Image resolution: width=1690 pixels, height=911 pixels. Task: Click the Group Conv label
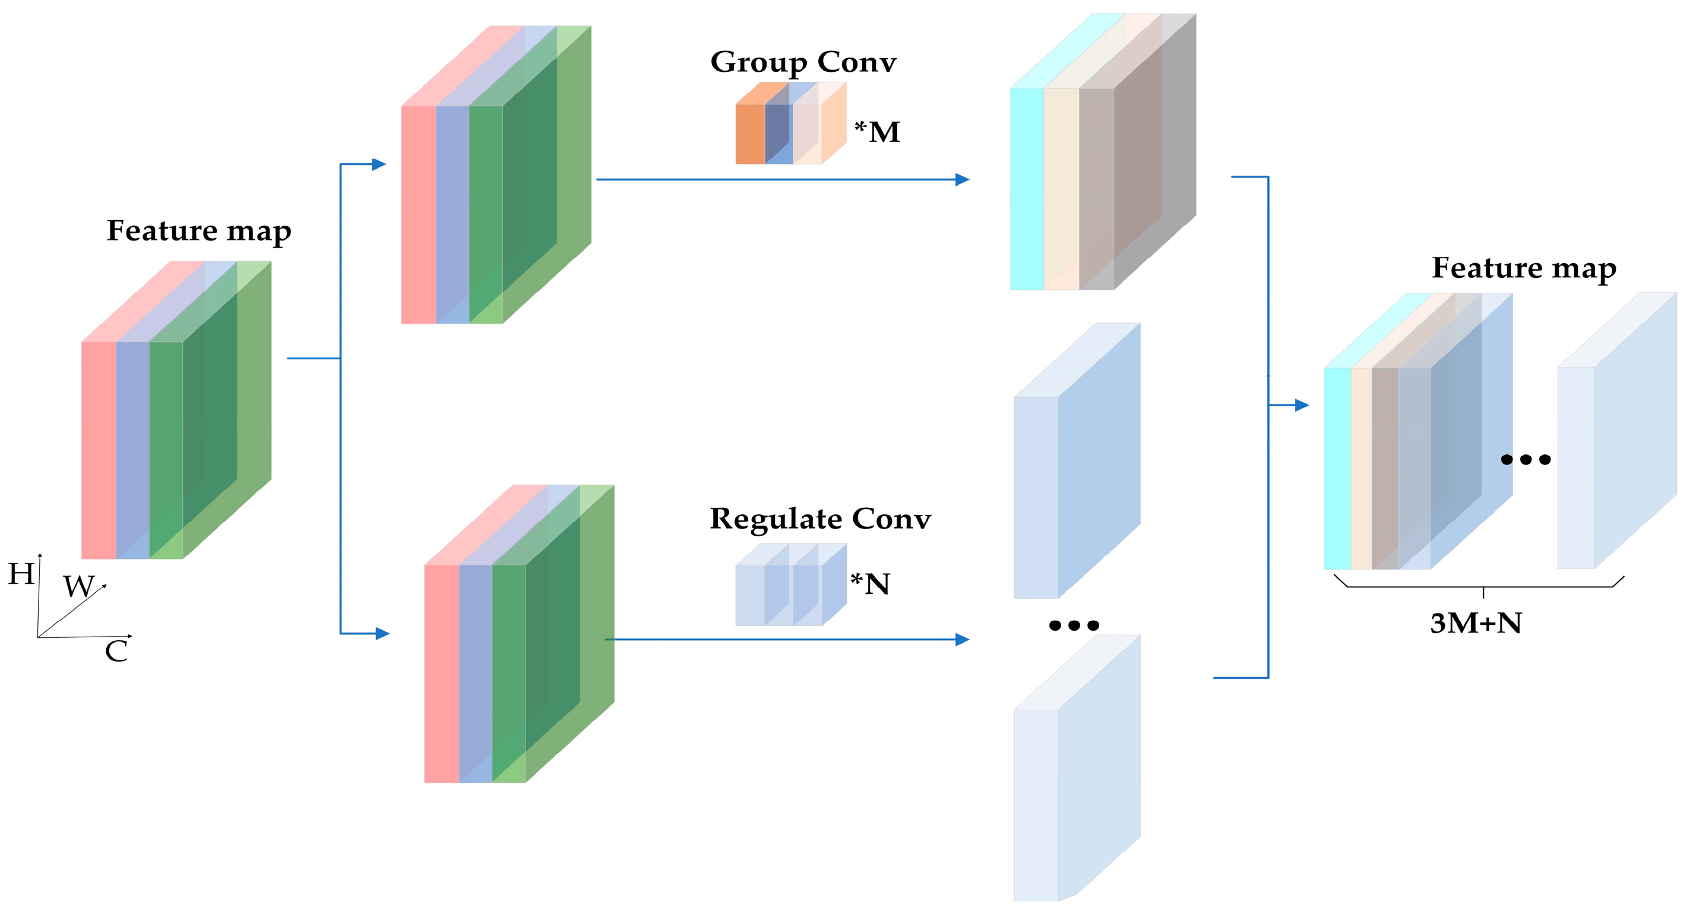click(x=803, y=62)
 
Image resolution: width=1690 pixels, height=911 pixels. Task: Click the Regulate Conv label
click(x=820, y=518)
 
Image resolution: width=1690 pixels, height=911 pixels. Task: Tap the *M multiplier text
click(x=877, y=131)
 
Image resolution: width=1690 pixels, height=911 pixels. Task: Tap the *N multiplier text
click(x=870, y=584)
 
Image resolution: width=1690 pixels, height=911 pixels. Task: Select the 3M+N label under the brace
click(x=1476, y=623)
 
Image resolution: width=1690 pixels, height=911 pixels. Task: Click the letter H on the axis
click(x=21, y=574)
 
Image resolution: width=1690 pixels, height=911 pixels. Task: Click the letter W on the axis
click(x=79, y=586)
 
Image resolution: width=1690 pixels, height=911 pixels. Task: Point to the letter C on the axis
click(x=116, y=651)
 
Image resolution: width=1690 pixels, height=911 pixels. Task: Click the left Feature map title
click(x=199, y=231)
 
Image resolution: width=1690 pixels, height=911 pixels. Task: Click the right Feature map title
click(x=1523, y=268)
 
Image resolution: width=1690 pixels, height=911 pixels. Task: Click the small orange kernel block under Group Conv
click(x=750, y=134)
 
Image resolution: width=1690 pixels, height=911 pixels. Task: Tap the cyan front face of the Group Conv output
click(x=1027, y=189)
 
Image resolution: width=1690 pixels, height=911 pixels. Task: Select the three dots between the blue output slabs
click(x=1074, y=625)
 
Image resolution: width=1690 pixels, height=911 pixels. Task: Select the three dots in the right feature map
click(x=1526, y=460)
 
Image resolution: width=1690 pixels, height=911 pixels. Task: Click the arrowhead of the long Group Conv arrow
click(x=963, y=179)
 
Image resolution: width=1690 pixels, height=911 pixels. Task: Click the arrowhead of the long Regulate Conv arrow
click(x=963, y=639)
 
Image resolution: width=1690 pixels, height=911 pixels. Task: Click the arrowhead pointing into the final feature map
click(x=1302, y=405)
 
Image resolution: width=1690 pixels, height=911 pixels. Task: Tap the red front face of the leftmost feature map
click(x=99, y=450)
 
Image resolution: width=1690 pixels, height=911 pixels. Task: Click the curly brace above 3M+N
click(x=1483, y=586)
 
